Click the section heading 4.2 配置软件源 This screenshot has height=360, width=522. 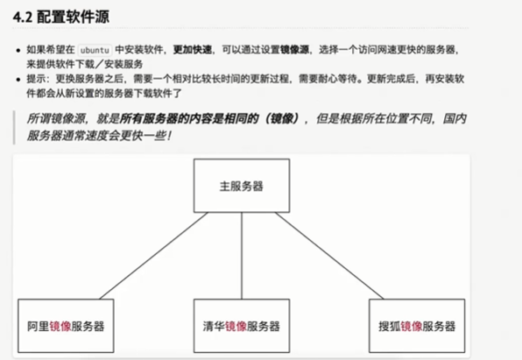tap(61, 17)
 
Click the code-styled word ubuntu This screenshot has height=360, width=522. tap(95, 50)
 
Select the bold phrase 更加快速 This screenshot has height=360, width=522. tap(193, 50)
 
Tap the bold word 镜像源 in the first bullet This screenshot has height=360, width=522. tap(294, 50)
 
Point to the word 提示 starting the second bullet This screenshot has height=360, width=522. tap(36, 79)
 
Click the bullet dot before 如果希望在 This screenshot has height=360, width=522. tap(18, 51)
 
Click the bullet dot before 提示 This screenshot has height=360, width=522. tap(18, 80)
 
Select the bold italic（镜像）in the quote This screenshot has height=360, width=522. tap(282, 118)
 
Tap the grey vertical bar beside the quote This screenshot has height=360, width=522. tap(14, 128)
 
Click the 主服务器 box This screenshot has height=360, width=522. tap(242, 186)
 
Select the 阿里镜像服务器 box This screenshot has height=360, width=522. tap(66, 326)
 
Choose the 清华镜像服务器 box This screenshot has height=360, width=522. tap(242, 326)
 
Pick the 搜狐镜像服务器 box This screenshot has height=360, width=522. tap(417, 326)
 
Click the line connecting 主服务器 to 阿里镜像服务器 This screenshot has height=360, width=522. tap(153, 256)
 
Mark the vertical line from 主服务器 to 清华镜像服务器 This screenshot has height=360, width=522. tap(242, 256)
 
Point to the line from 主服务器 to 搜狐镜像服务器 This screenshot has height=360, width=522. tap(329, 256)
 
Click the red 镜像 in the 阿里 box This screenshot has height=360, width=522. tap(60, 327)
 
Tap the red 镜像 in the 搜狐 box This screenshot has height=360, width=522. tap(412, 327)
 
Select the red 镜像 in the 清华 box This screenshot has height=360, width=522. tap(236, 327)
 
